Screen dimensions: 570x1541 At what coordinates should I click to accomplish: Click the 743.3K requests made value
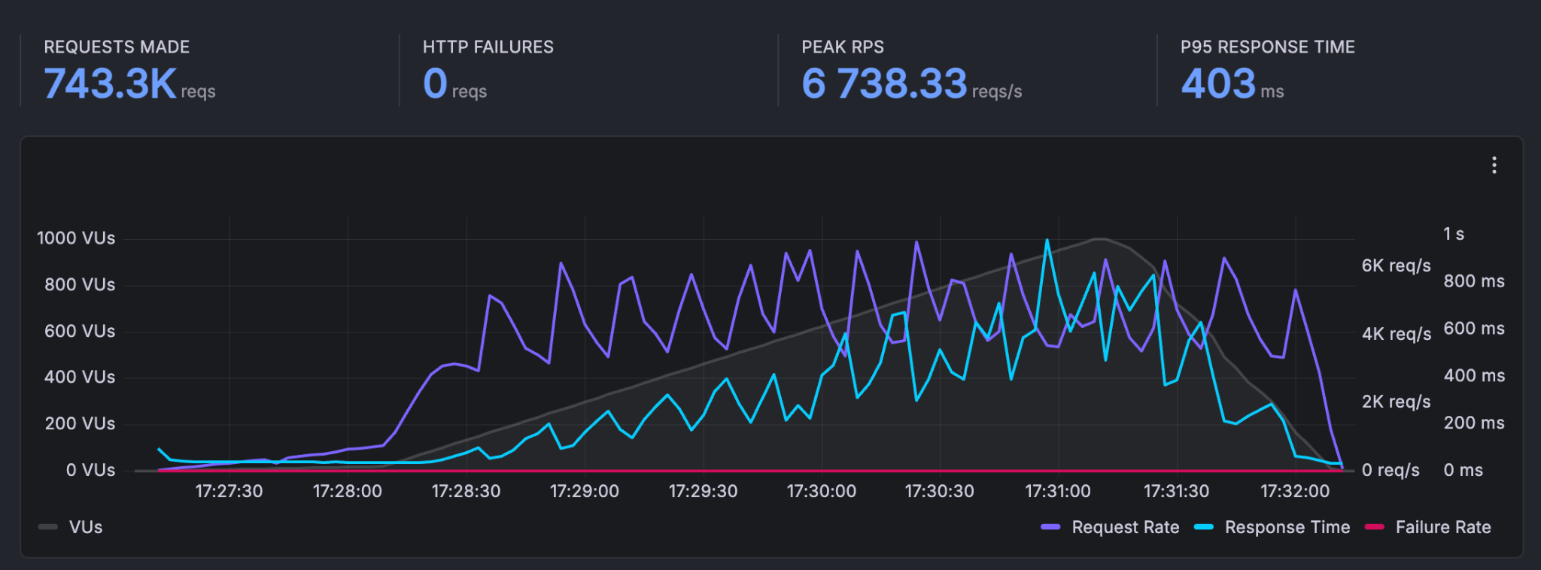click(111, 83)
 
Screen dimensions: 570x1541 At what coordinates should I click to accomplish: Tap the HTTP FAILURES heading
click(488, 47)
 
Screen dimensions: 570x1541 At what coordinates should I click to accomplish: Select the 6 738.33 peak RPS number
click(884, 83)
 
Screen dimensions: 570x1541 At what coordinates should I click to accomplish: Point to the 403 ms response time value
click(1218, 83)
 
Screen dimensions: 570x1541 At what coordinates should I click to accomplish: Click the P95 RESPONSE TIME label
click(1267, 47)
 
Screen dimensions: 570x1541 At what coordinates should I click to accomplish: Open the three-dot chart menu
click(1494, 165)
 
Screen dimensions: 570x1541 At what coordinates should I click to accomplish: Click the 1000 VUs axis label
click(76, 238)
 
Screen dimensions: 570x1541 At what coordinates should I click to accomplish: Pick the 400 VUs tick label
click(79, 377)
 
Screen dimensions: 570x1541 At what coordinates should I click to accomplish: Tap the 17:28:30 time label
click(466, 491)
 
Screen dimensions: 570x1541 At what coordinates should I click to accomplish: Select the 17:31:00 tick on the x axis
click(1057, 491)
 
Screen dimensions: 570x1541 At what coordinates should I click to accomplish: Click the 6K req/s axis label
click(1396, 265)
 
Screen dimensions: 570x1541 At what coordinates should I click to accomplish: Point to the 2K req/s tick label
click(1396, 402)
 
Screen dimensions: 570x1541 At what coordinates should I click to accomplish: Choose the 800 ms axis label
click(1473, 281)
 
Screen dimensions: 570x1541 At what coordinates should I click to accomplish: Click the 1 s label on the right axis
click(1453, 234)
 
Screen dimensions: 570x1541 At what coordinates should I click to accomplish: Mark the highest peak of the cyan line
click(1047, 241)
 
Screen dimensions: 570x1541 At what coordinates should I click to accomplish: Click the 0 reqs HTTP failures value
click(436, 83)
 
